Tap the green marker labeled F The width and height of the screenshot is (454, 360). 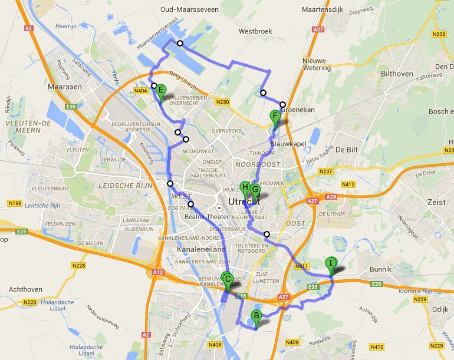click(x=274, y=116)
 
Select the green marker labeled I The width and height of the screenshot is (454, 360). click(x=331, y=263)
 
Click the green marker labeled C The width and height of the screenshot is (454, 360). click(x=228, y=280)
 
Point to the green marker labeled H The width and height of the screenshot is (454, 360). click(x=245, y=188)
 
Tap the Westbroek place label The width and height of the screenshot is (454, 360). click(x=255, y=32)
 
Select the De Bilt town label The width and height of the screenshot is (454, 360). click(x=348, y=150)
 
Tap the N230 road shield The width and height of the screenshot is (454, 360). click(x=222, y=102)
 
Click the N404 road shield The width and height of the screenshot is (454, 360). click(x=141, y=91)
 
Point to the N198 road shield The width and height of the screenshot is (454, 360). click(x=15, y=203)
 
